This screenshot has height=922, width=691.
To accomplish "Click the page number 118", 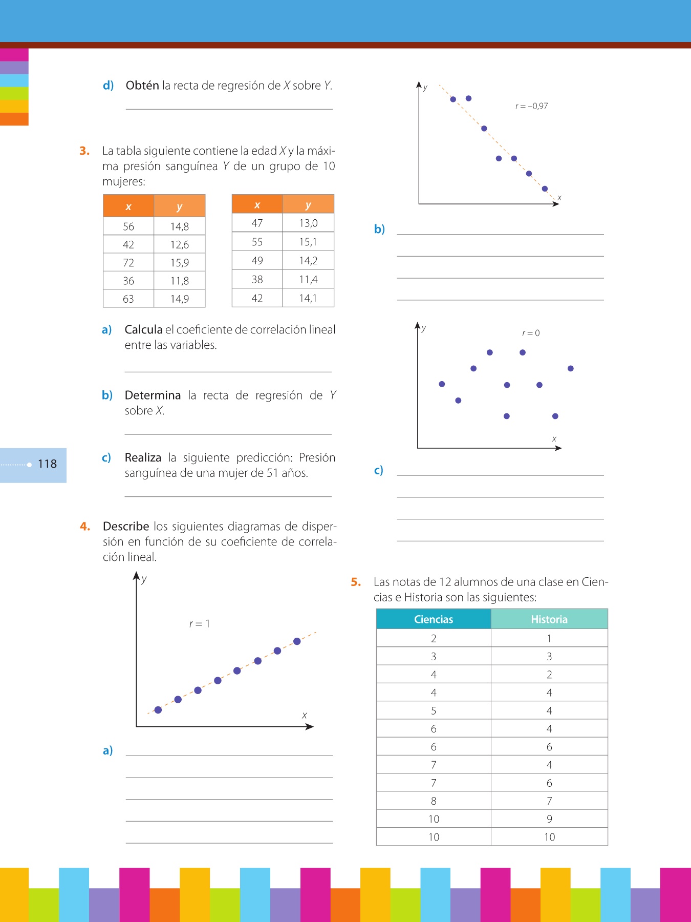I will (47, 464).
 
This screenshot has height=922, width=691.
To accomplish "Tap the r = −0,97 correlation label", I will (531, 107).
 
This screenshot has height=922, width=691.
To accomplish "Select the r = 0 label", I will (531, 333).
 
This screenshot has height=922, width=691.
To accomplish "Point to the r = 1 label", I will (200, 624).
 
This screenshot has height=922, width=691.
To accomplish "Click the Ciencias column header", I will (434, 619).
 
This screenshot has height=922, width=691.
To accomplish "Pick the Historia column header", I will (549, 619).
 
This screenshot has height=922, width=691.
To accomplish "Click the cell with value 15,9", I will (180, 263).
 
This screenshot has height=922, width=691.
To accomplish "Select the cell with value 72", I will (128, 263).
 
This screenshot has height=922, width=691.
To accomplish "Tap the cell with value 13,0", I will (308, 223).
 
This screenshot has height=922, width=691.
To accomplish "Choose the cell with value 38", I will (257, 280).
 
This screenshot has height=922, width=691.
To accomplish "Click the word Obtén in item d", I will (142, 86).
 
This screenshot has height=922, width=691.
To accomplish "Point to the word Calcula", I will (143, 330).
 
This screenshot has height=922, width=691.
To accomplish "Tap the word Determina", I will (153, 395).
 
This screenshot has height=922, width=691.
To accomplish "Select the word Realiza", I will (143, 458).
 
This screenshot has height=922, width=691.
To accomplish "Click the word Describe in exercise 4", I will (126, 527).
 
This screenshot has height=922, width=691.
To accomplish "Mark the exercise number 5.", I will (356, 582).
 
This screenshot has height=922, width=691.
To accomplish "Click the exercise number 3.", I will (84, 151).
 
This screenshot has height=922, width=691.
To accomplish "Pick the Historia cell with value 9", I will (549, 819).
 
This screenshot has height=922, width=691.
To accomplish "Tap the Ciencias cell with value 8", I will (434, 801).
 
